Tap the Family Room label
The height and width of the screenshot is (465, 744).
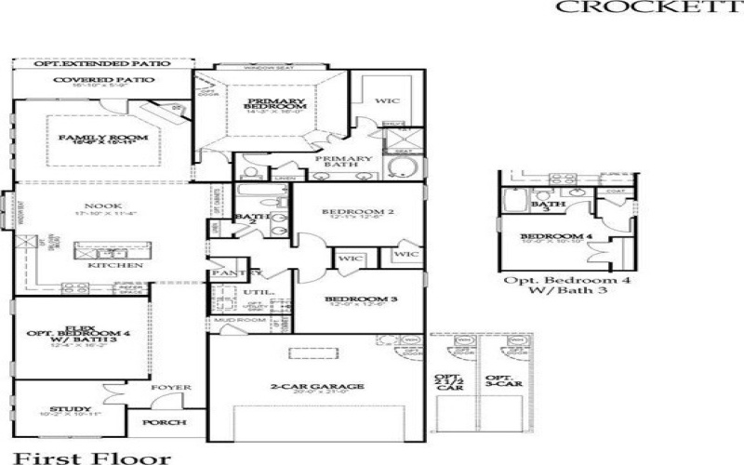pyautogui.click(x=103, y=139)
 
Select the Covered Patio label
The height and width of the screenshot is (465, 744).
pyautogui.click(x=103, y=80)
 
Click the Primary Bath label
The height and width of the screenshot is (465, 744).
pyautogui.click(x=343, y=159)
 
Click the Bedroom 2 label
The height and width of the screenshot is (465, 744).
pyautogui.click(x=358, y=212)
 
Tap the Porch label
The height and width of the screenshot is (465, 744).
pyautogui.click(x=164, y=422)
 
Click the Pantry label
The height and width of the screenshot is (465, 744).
pyautogui.click(x=230, y=273)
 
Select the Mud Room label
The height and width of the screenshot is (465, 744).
pyautogui.click(x=231, y=318)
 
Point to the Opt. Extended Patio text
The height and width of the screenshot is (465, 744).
pyautogui.click(x=102, y=64)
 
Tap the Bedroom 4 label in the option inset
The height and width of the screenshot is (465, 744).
pyautogui.click(x=556, y=237)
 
